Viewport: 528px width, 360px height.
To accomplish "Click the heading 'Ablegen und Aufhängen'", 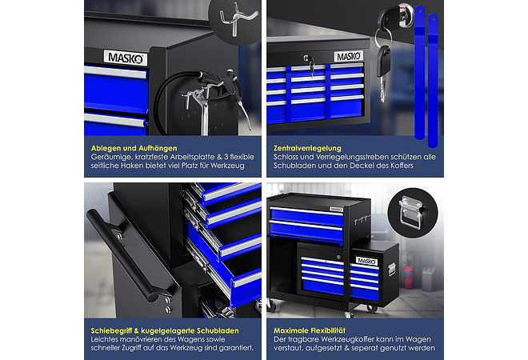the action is point(134,148).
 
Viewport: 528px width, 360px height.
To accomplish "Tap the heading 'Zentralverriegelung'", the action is point(307,148).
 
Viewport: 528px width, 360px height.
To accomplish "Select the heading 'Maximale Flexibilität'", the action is point(310,330).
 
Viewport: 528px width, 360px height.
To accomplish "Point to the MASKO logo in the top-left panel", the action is point(126,58).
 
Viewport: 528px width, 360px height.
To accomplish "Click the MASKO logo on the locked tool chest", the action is point(349,56).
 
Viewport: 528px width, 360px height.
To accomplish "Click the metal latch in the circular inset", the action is point(411,212).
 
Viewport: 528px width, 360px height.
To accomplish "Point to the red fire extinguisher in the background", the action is point(408,278).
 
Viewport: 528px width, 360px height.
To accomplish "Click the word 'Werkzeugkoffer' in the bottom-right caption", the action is point(346,339).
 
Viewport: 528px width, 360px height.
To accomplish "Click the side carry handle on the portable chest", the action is point(391,270).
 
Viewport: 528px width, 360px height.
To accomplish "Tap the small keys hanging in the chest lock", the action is point(311,66).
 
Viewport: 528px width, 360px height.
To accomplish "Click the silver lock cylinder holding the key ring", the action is point(405,14).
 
